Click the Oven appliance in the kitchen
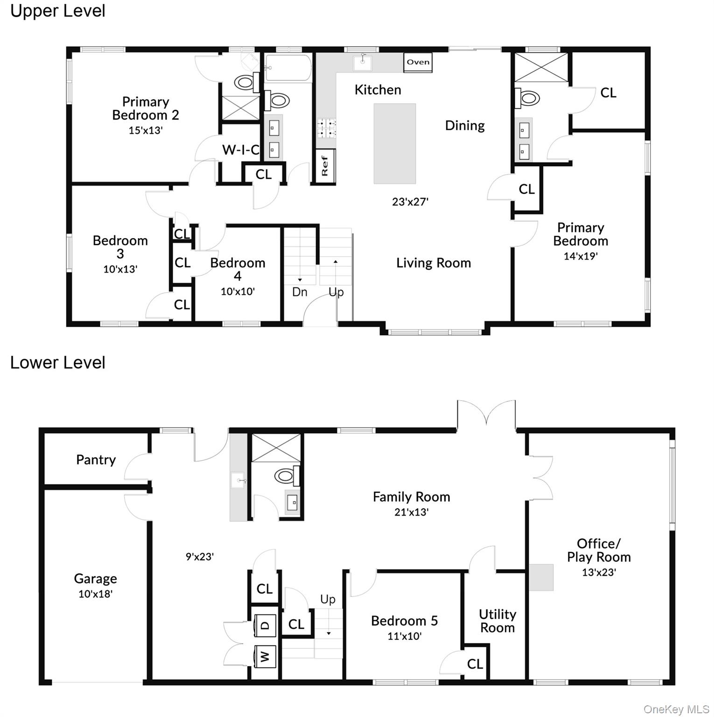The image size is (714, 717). pyautogui.click(x=418, y=62)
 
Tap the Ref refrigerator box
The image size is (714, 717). pyautogui.click(x=325, y=166)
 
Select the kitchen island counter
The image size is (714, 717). pyautogui.click(x=394, y=143)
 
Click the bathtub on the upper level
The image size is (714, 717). pyautogui.click(x=288, y=68)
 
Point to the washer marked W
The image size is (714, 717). pyautogui.click(x=265, y=656)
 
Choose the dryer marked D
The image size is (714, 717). pyautogui.click(x=265, y=625)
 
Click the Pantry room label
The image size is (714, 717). pyautogui.click(x=96, y=460)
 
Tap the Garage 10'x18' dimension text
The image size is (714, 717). pyautogui.click(x=96, y=594)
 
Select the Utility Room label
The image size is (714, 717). pyautogui.click(x=497, y=621)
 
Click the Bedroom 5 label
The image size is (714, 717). pyautogui.click(x=404, y=620)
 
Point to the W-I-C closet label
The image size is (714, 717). pyautogui.click(x=241, y=150)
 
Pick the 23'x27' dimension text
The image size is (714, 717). pyautogui.click(x=410, y=202)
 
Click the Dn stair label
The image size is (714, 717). pyautogui.click(x=300, y=292)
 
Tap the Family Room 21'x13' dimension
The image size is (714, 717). pyautogui.click(x=411, y=512)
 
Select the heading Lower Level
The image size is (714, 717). pyautogui.click(x=58, y=363)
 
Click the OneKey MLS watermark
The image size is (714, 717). pyautogui.click(x=676, y=709)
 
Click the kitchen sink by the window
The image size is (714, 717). pyautogui.click(x=363, y=62)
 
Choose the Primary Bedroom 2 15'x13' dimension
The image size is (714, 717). pyautogui.click(x=146, y=130)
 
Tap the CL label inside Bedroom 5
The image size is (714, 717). pyautogui.click(x=475, y=664)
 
